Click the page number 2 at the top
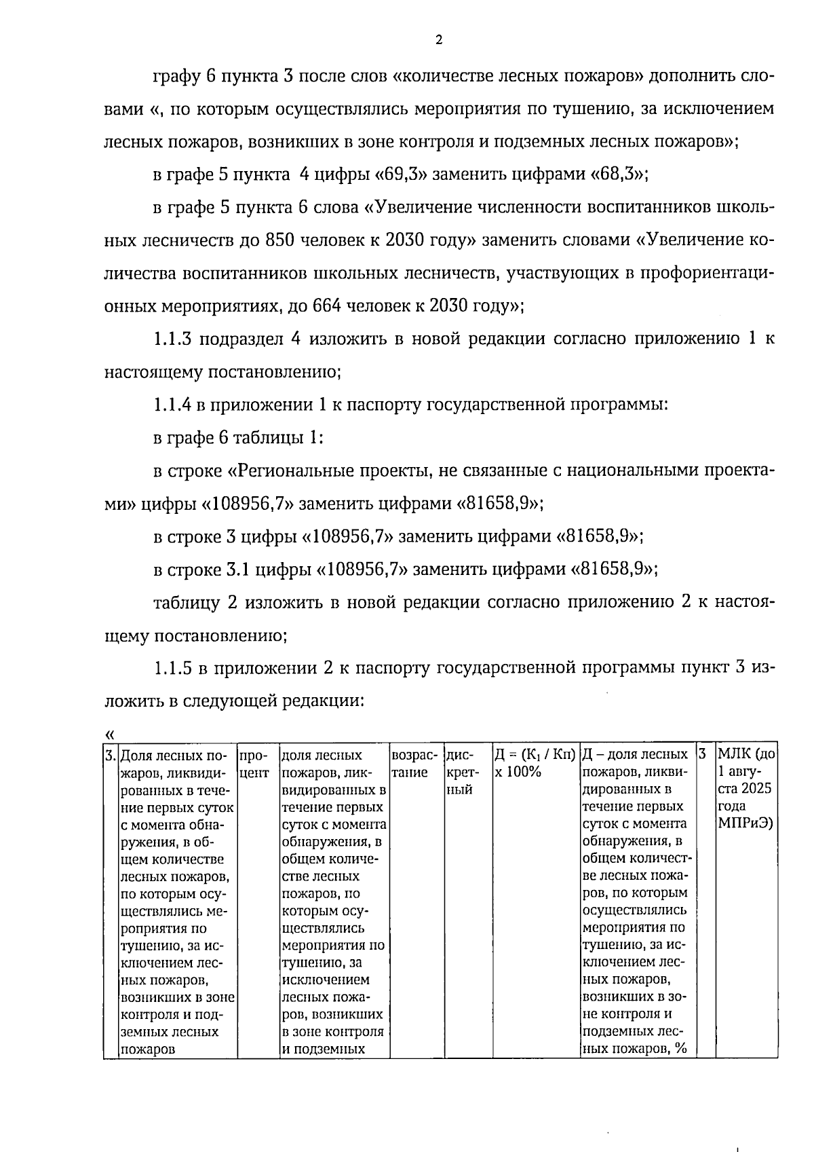(x=438, y=40)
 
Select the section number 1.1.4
(x=172, y=405)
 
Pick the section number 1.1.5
(x=172, y=669)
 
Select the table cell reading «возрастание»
(x=414, y=764)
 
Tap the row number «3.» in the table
(x=111, y=756)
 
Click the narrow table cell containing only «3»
(x=705, y=755)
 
